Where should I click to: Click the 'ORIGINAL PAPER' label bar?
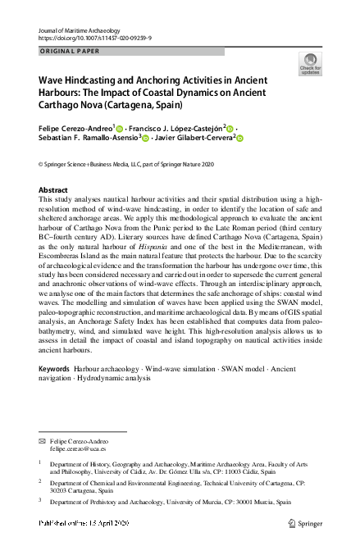coord(130,51)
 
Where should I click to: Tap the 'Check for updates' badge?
coord(311,65)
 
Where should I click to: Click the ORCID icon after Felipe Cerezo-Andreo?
coord(120,130)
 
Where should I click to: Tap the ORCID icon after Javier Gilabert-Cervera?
coord(241,139)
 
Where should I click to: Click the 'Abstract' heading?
coord(53,189)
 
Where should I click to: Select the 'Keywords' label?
coord(53,370)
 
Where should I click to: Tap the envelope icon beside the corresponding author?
coord(43,440)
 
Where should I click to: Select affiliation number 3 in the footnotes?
coord(41,502)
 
